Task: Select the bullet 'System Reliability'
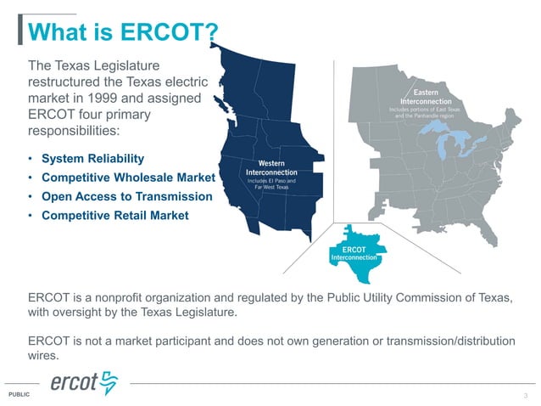click(92, 159)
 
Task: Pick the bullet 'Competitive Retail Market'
click(114, 215)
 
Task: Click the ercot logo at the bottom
click(85, 384)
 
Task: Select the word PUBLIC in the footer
click(18, 396)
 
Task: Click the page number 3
click(526, 396)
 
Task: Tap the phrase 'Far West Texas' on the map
click(272, 188)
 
